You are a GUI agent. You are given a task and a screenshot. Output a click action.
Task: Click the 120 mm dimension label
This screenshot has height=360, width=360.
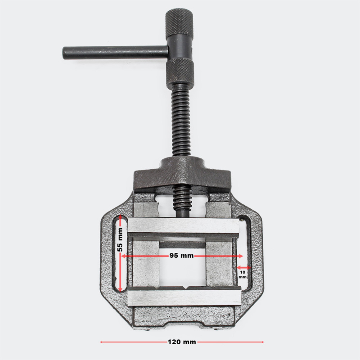click(182, 342)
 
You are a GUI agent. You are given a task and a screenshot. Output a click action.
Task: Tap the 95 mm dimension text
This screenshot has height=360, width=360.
click(181, 256)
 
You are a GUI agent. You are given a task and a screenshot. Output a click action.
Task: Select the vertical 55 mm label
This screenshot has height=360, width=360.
click(120, 239)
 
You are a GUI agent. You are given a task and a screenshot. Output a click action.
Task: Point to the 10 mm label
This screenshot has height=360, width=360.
click(243, 274)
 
